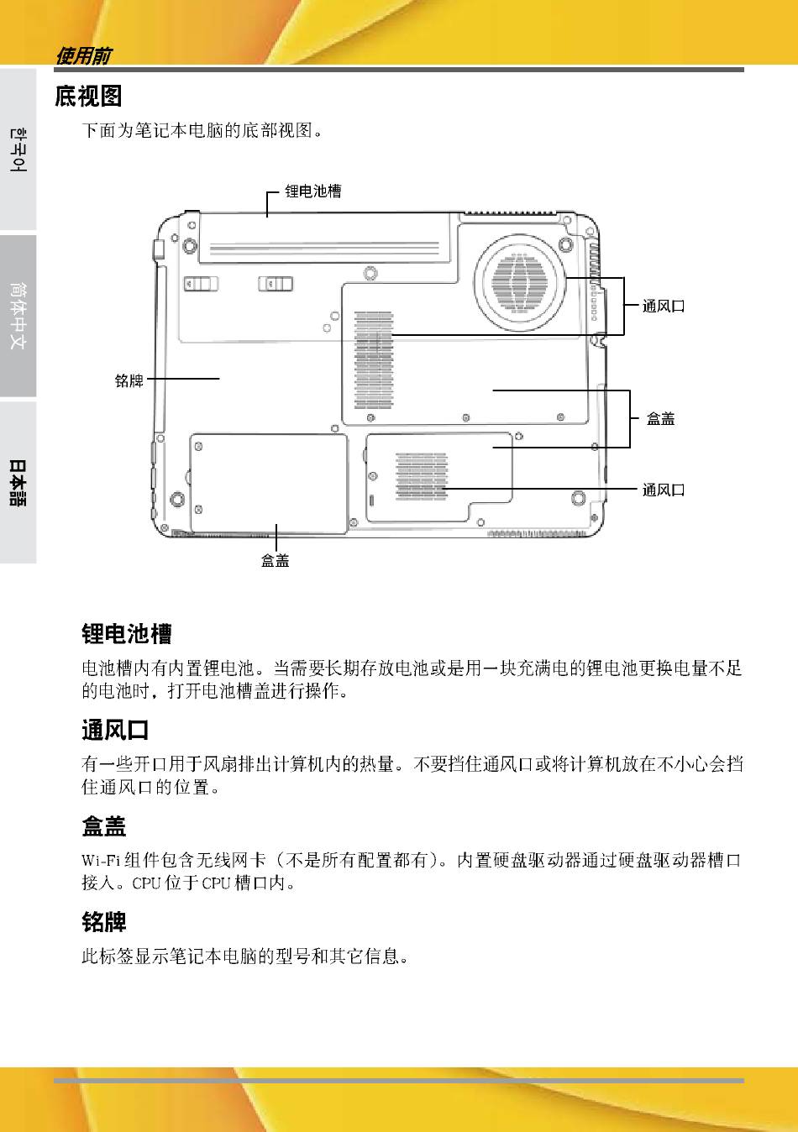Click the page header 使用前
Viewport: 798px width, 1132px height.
pyautogui.click(x=82, y=56)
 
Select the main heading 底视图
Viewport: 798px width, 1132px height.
pyautogui.click(x=88, y=97)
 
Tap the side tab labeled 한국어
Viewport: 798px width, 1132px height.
pyautogui.click(x=18, y=149)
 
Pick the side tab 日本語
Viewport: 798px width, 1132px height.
pyautogui.click(x=18, y=482)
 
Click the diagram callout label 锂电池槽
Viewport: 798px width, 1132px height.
pyautogui.click(x=312, y=191)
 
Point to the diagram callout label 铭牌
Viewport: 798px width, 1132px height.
pyautogui.click(x=129, y=380)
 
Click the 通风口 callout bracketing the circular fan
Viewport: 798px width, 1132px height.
pyautogui.click(x=664, y=307)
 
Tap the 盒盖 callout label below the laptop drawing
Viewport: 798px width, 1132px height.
pyautogui.click(x=275, y=560)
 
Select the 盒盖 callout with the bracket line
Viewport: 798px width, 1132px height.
pyautogui.click(x=660, y=418)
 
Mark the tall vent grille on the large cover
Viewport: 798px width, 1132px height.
pyautogui.click(x=374, y=359)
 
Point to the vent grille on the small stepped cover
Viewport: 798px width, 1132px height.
pyautogui.click(x=422, y=474)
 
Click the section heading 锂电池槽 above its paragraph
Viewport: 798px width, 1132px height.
pyautogui.click(x=126, y=634)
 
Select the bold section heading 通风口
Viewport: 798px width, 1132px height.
pyautogui.click(x=115, y=730)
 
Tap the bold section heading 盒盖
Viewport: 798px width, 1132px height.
pyautogui.click(x=104, y=827)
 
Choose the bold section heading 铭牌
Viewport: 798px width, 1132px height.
pyautogui.click(x=104, y=923)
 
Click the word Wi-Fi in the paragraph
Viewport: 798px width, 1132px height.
pyautogui.click(x=101, y=860)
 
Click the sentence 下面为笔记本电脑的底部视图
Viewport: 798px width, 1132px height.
pyautogui.click(x=201, y=131)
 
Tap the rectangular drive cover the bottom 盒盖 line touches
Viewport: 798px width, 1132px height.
pyautogui.click(x=269, y=483)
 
